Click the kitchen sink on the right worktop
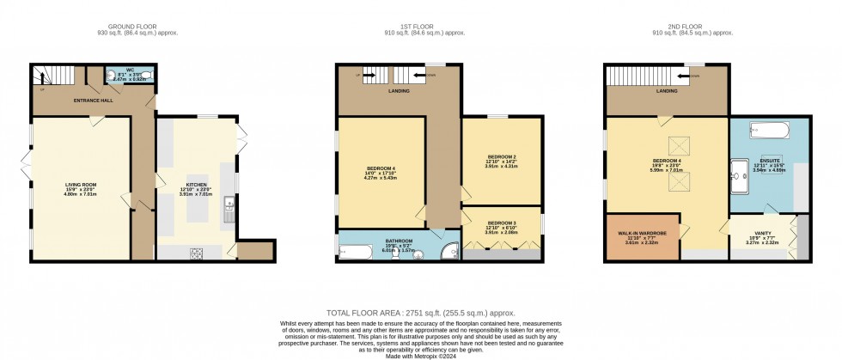coord(228,206)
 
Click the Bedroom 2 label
coord(501,160)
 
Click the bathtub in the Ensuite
coord(765,131)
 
